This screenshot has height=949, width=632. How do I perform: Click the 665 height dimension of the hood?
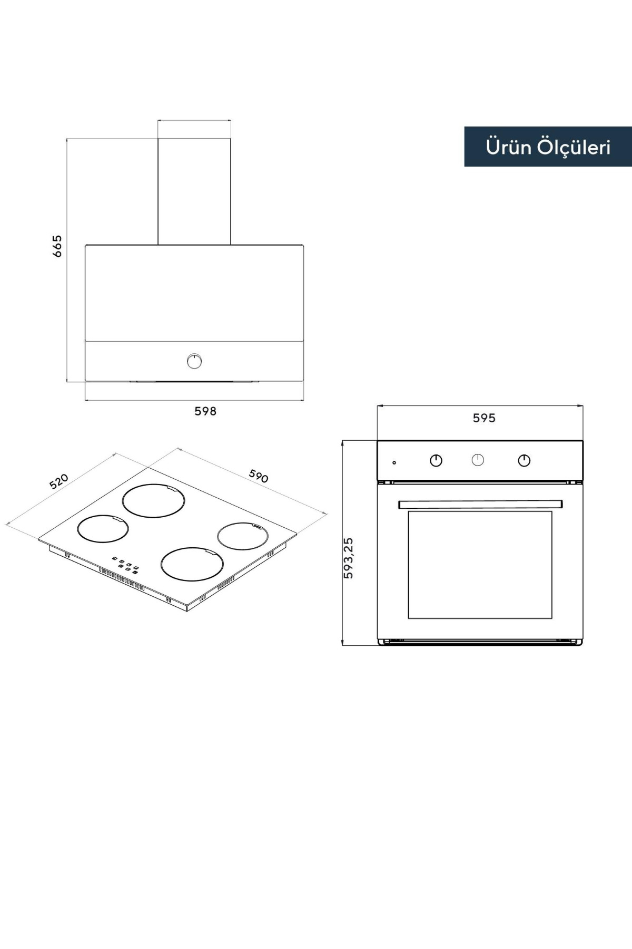(57, 246)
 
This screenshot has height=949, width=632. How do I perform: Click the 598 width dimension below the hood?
(205, 411)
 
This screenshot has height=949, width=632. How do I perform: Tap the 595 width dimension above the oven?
(484, 418)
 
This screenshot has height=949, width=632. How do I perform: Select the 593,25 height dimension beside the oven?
(348, 558)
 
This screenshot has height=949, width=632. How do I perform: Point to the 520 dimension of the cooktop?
(59, 481)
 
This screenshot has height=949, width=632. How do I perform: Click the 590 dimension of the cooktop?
(259, 476)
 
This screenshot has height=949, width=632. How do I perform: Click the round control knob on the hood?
(195, 361)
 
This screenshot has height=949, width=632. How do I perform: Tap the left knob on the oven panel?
(436, 461)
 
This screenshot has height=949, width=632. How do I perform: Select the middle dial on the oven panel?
(478, 460)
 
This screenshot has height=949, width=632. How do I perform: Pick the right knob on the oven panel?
(524, 461)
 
